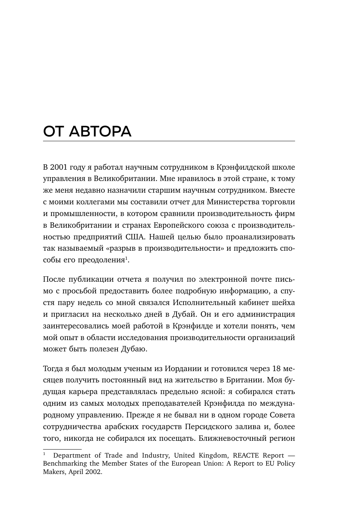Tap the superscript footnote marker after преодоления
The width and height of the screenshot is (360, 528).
[x=127, y=258]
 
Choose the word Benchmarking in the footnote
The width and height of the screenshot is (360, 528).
[x=62, y=463]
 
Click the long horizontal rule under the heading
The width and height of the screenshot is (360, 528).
[x=169, y=141]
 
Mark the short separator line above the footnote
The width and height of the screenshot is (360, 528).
[x=62, y=449]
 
